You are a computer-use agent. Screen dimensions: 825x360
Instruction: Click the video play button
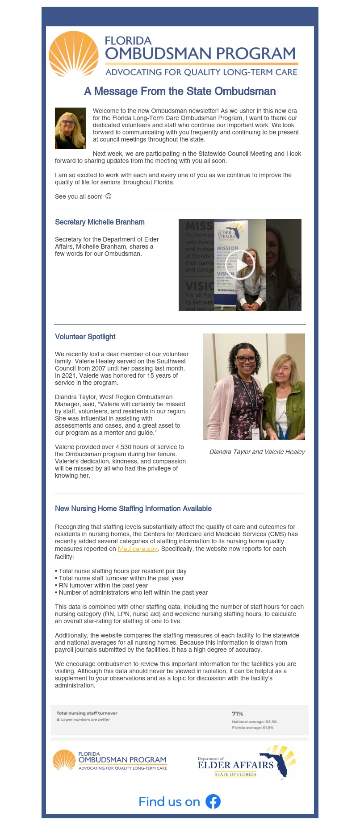coord(240,265)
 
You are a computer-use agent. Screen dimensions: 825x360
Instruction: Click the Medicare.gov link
coord(138,549)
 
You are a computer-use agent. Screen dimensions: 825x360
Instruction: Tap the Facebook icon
coord(213,801)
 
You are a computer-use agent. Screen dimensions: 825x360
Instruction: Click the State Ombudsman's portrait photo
coord(71,128)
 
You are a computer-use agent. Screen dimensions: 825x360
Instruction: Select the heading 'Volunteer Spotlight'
coord(85,337)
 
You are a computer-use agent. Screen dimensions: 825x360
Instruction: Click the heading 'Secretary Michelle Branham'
coord(100,222)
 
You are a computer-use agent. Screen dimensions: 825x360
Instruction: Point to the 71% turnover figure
coord(238,713)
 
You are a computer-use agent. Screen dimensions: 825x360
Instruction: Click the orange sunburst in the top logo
coord(73,54)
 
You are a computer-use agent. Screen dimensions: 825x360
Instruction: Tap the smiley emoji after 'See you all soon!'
coord(108,196)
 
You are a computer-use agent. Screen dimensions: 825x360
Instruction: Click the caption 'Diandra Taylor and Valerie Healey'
coord(257,452)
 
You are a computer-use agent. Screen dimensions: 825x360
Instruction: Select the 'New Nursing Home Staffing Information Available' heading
coord(133,508)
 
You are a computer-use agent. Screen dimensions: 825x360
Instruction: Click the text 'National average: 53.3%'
coord(254,721)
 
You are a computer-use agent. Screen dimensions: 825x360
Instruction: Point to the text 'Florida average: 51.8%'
coord(252,728)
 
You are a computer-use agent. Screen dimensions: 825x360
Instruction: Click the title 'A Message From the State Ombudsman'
coord(180,92)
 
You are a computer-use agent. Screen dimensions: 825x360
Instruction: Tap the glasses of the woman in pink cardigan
coord(246,360)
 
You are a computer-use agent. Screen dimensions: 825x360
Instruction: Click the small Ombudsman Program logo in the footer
coord(110,760)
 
